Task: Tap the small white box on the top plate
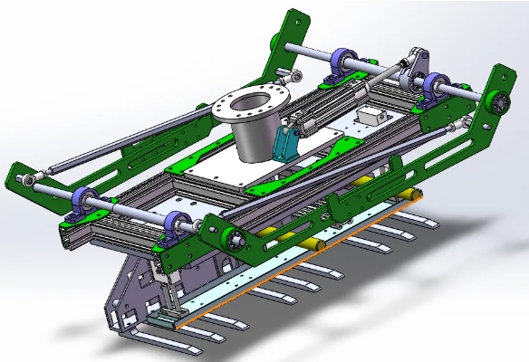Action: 372,117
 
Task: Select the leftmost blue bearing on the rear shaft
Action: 344,62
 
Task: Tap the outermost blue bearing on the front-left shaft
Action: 85,199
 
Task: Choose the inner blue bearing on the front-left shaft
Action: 177,224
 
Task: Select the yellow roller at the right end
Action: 411,194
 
